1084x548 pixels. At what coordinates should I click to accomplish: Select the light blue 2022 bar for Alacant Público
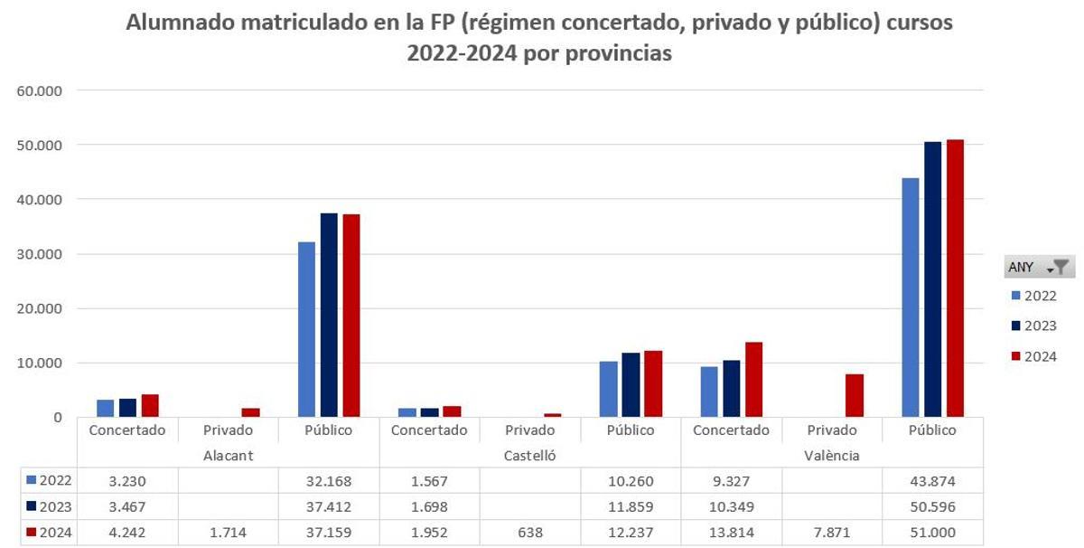tap(306, 329)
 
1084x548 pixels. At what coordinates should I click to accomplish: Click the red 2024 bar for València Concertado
tap(753, 379)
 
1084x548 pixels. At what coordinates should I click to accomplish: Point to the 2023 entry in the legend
tap(1033, 326)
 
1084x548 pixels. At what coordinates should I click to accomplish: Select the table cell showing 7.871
tap(833, 534)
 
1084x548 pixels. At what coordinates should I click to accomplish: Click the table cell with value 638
tap(531, 534)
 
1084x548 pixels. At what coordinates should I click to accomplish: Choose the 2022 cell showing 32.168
tap(329, 481)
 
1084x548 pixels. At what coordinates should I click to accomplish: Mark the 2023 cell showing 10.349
tap(732, 507)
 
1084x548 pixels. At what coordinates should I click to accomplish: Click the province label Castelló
tap(530, 456)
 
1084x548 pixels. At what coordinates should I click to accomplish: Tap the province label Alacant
tap(228, 456)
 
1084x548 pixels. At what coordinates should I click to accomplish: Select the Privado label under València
tap(832, 430)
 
